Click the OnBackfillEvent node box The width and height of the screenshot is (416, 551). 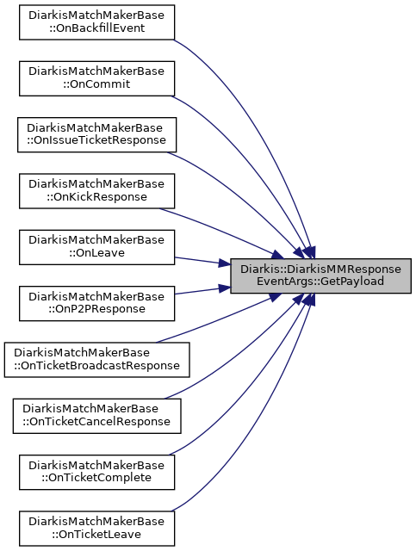click(96, 22)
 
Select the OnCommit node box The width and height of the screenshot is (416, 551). click(96, 78)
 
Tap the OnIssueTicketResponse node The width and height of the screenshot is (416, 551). click(96, 134)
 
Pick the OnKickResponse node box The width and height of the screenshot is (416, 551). click(96, 191)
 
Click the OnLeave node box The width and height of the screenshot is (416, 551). click(96, 247)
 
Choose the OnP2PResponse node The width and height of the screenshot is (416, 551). click(96, 303)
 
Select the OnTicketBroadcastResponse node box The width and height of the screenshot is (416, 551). click(96, 360)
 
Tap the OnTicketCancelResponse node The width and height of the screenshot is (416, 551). click(96, 416)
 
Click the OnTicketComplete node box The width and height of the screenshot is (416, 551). click(96, 472)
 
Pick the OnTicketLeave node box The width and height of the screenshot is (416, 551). click(96, 528)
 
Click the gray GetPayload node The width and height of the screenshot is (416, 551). click(320, 275)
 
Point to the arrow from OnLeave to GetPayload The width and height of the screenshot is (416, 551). click(202, 261)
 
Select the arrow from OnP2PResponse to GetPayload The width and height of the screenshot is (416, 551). click(202, 291)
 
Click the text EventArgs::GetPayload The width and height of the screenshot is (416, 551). click(320, 282)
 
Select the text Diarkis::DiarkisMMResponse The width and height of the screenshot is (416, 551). click(320, 269)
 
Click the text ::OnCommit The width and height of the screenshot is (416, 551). click(96, 84)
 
